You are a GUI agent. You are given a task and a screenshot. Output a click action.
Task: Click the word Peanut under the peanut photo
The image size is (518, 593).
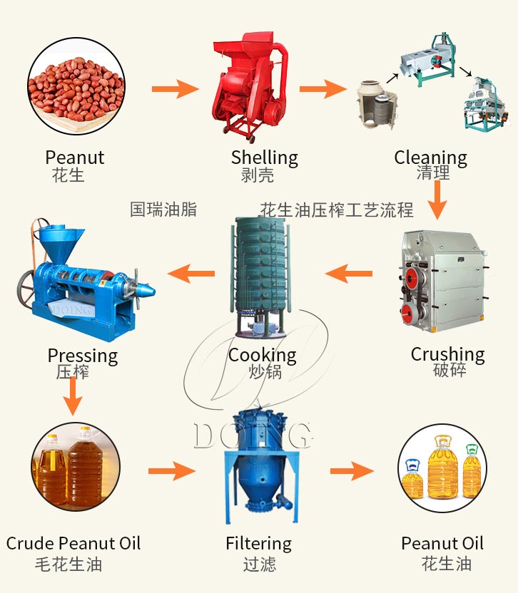coord(74,158)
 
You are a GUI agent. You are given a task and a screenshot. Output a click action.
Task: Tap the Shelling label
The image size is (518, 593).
coord(264,158)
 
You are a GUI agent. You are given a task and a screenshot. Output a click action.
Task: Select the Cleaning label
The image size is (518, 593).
coord(430,158)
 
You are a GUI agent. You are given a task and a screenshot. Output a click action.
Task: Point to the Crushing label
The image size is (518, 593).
coord(447,354)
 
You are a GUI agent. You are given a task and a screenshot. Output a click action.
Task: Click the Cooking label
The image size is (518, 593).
coord(262,355)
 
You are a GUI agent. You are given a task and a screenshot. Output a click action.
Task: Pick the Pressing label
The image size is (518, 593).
coord(82,355)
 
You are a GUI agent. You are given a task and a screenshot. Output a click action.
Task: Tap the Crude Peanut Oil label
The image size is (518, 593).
coord(73,543)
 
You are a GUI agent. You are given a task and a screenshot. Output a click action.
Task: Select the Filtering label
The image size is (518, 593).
coord(258,543)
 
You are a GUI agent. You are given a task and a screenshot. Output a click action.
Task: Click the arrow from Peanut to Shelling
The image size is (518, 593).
coord(176,89)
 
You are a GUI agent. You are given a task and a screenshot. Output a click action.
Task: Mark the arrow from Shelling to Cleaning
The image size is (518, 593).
coord(323,89)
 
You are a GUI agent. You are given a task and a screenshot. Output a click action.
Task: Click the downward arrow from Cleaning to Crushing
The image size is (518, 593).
coord(437,200)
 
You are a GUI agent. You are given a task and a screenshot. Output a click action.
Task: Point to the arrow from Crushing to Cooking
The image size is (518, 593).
coord(349,273)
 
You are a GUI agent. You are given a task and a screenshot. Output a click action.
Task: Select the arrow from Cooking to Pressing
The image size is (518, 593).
coord(191,273)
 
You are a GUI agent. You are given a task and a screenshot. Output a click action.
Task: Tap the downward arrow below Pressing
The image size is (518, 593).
coord(72,396)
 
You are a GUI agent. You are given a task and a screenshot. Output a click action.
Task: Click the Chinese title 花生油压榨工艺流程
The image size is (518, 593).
coord(337,210)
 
